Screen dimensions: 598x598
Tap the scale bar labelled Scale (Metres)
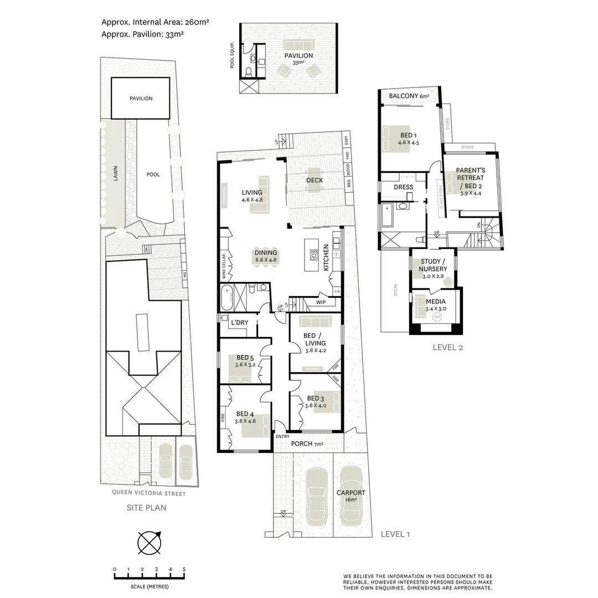pos(149,576)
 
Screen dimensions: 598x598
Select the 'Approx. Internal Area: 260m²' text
pos(154,23)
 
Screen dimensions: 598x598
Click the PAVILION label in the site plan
pos(141,99)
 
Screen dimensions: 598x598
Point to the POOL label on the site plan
pos(153,174)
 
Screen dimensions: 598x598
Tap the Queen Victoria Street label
pos(148,493)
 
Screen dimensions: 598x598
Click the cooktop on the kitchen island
pos(313,255)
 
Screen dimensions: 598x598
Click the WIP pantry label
pos(321,302)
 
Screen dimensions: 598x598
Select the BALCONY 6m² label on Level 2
pos(409,96)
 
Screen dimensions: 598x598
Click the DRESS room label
pos(403,187)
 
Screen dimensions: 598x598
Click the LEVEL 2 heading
pos(447,348)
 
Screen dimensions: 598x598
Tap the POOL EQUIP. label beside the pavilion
pos(233,55)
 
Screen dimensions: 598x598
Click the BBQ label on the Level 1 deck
pos(349,184)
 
